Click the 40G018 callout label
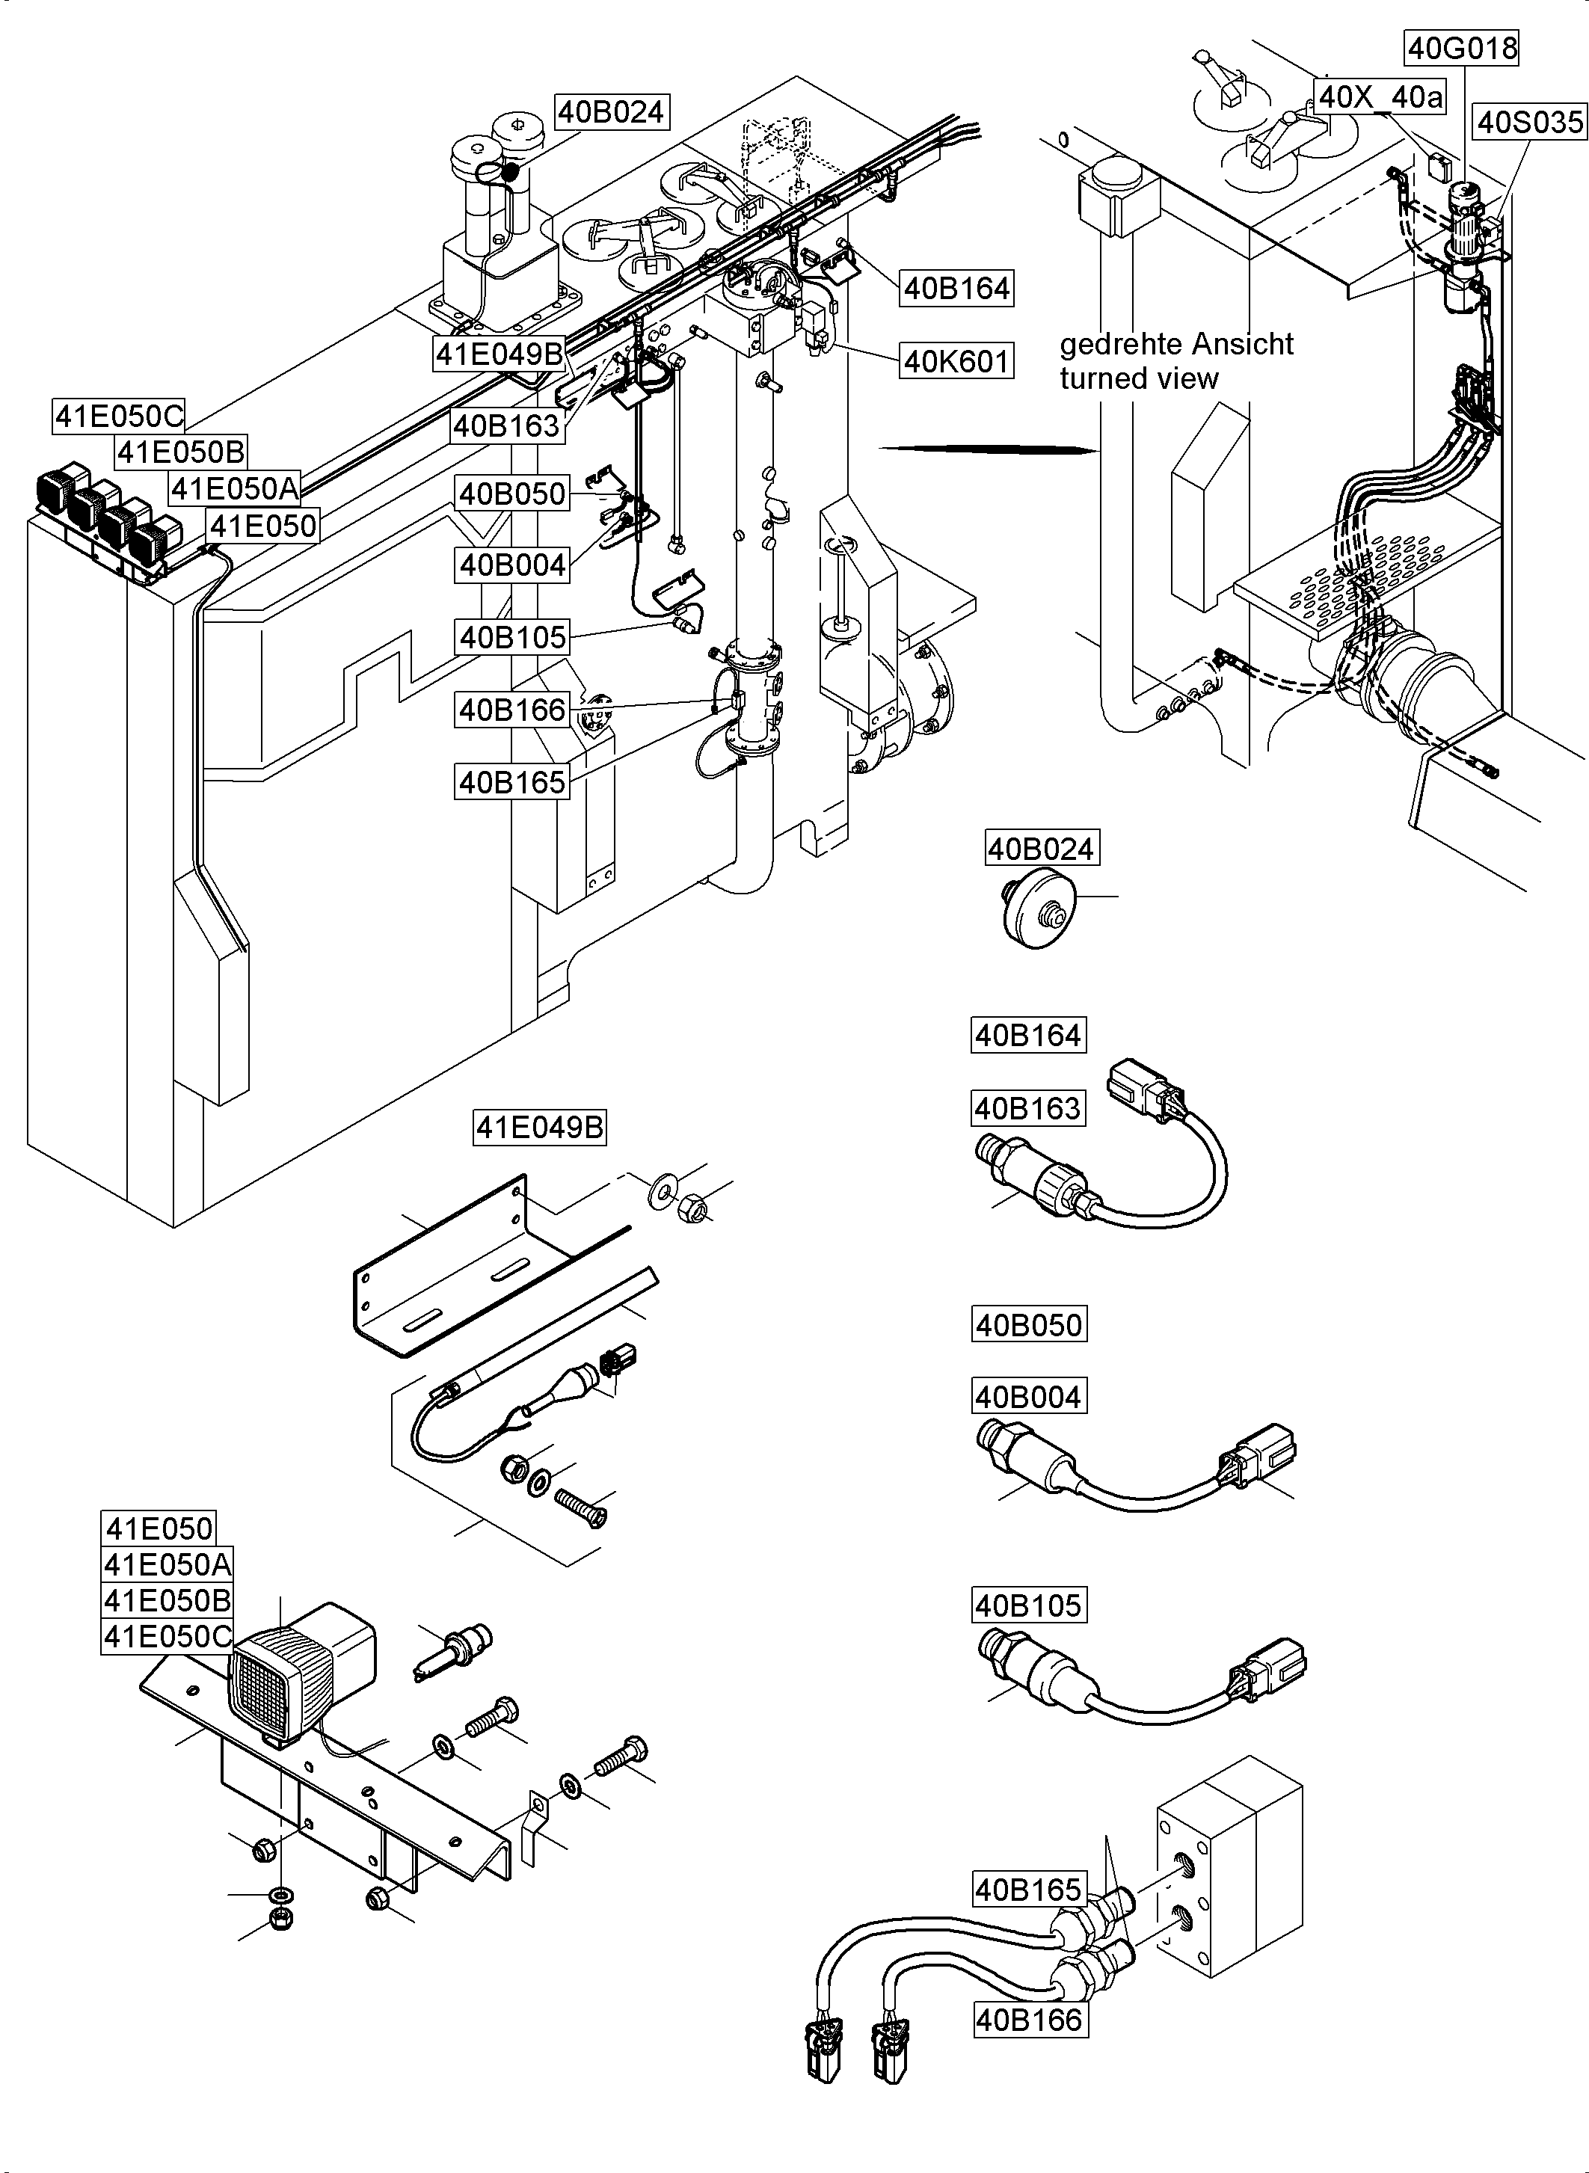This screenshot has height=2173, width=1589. [x=1462, y=48]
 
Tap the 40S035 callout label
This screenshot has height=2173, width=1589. [x=1529, y=122]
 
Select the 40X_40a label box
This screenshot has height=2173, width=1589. [x=1380, y=96]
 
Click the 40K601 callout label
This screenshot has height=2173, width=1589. [x=956, y=362]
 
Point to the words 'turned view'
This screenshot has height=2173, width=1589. [x=1139, y=379]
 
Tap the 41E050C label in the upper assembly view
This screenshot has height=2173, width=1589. [x=118, y=417]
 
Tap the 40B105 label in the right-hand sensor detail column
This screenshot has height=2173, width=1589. [x=1028, y=1605]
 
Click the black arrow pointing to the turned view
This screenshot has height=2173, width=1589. [x=991, y=449]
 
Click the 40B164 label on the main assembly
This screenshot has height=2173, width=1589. [x=956, y=288]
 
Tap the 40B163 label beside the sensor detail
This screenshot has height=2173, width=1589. [x=1028, y=1108]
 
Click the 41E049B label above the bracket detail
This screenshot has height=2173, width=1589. [x=541, y=1126]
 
